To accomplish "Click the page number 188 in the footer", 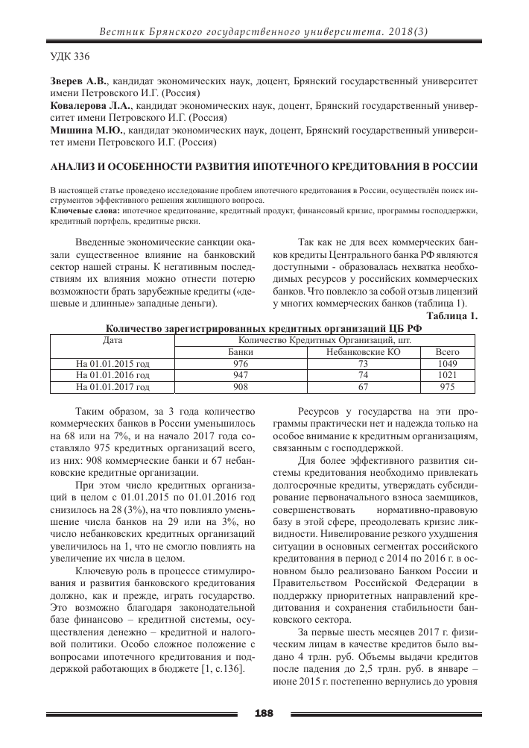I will coord(264,714).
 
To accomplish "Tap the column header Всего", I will coord(447,352).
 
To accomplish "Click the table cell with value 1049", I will coord(447,364).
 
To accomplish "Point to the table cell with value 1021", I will coord(447,376).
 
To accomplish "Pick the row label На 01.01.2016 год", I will coord(113,376).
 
